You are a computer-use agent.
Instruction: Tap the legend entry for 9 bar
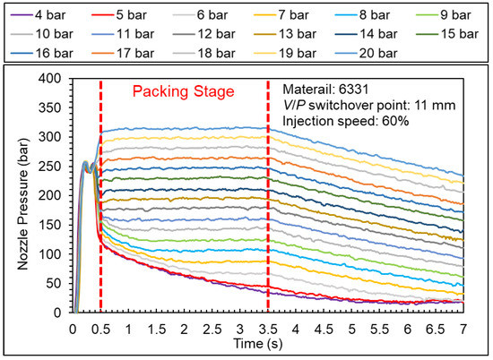point(449,15)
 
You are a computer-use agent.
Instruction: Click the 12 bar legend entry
point(212,34)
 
